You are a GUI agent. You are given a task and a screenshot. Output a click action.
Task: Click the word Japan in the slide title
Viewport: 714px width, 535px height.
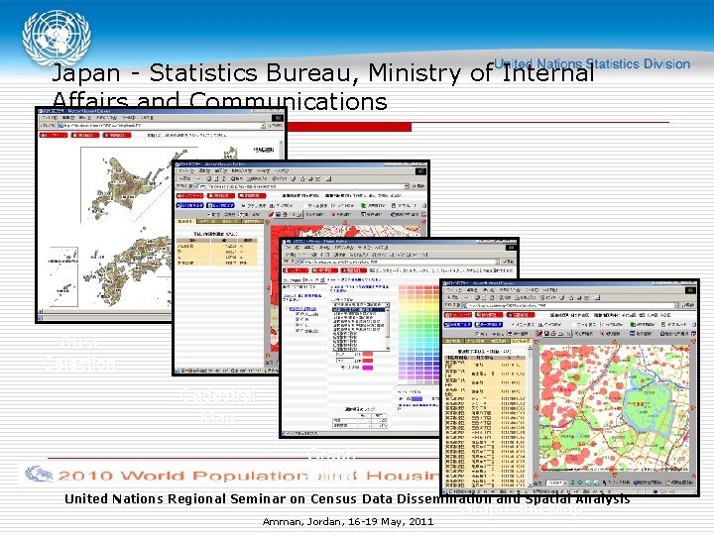pos(82,73)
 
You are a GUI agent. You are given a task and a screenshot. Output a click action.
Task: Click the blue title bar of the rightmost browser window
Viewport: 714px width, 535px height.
pos(565,286)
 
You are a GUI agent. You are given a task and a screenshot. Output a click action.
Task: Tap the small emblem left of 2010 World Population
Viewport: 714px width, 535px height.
pos(40,474)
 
